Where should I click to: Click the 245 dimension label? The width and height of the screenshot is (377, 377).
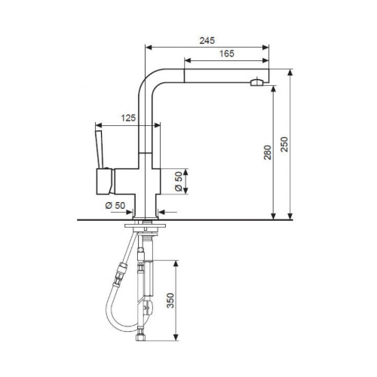pyautogui.click(x=207, y=41)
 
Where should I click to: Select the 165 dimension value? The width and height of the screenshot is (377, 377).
pyautogui.click(x=227, y=54)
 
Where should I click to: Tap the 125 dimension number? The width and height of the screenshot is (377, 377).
pyautogui.click(x=128, y=118)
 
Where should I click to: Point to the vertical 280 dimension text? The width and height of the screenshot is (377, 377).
pyautogui.click(x=268, y=152)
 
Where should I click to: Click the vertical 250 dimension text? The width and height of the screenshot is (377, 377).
pyautogui.click(x=284, y=144)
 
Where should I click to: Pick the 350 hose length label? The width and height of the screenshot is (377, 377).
pyautogui.click(x=170, y=300)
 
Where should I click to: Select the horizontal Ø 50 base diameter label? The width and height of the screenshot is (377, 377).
pyautogui.click(x=115, y=205)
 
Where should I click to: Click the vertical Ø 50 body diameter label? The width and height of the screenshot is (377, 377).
pyautogui.click(x=179, y=182)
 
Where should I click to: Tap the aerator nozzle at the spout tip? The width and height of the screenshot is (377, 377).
pyautogui.click(x=256, y=82)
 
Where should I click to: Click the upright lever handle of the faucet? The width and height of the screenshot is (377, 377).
pyautogui.click(x=100, y=149)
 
